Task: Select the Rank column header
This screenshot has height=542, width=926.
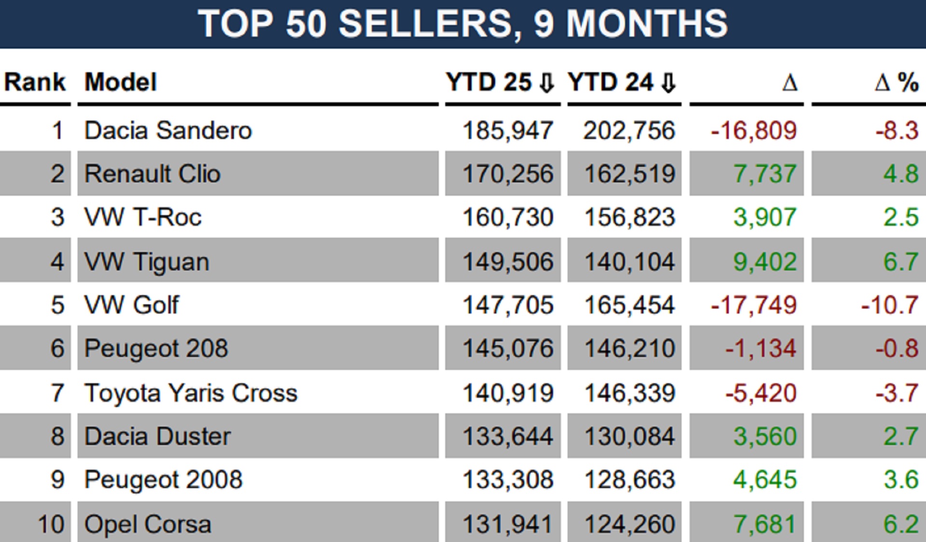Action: click(x=35, y=82)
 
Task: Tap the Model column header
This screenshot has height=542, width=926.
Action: click(x=121, y=82)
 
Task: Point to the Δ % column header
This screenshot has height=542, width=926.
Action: click(x=897, y=82)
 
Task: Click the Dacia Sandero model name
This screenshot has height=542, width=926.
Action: click(x=168, y=131)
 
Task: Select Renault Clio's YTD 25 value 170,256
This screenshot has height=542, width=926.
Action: click(x=508, y=174)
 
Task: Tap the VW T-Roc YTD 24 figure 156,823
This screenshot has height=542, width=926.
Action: click(x=629, y=217)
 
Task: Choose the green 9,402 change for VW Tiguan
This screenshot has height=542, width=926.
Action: click(x=765, y=262)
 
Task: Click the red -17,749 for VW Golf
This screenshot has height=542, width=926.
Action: click(x=753, y=305)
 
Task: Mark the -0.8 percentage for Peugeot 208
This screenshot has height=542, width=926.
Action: click(x=897, y=349)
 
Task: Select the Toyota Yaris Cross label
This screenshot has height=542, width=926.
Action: click(x=191, y=393)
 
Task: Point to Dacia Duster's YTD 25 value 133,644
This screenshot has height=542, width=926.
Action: click(x=508, y=436)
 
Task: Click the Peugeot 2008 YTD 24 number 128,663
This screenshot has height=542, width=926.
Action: click(x=629, y=480)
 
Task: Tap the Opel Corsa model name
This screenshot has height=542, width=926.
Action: click(x=148, y=524)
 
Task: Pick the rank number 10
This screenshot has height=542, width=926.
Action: click(x=51, y=524)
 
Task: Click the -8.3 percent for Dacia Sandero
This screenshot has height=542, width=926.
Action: click(x=897, y=131)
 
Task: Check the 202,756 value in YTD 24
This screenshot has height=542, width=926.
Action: click(x=629, y=131)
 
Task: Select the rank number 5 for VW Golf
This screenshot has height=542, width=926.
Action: click(x=57, y=305)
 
